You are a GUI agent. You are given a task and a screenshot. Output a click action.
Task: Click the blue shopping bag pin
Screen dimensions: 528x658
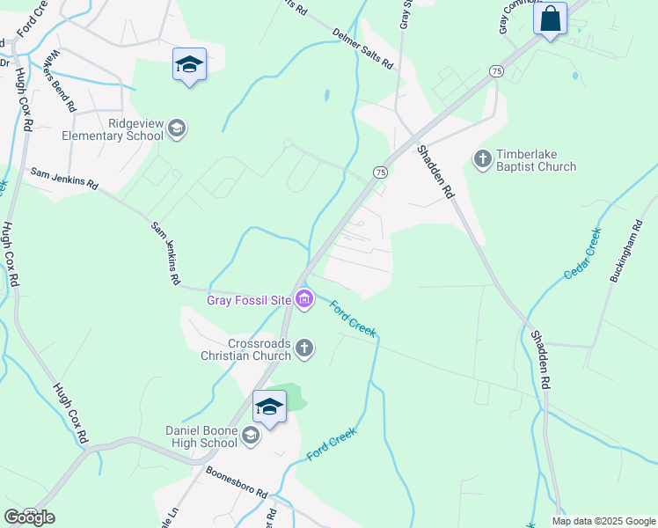tap(551, 18)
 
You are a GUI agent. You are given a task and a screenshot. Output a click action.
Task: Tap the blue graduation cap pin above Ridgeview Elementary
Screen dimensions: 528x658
tap(189, 64)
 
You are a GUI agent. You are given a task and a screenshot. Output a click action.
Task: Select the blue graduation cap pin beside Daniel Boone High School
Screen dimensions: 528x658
tap(269, 407)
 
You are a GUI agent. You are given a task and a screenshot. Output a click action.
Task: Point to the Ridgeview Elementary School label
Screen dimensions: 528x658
tap(113, 130)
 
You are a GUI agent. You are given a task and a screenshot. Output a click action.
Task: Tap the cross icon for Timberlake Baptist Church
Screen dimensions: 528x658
tap(482, 159)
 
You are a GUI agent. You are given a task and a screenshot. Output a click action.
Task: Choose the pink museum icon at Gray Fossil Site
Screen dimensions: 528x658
tap(304, 300)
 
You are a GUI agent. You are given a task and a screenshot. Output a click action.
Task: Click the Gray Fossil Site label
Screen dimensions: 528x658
tap(249, 300)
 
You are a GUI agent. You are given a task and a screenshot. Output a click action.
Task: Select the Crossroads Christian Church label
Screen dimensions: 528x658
tap(246, 349)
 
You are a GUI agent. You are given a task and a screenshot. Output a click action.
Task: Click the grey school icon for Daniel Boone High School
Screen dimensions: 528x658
tap(251, 436)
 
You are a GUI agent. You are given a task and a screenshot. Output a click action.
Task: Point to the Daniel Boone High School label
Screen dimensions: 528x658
tap(201, 436)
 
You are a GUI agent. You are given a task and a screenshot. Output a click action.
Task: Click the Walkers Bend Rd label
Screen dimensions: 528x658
tap(63, 80)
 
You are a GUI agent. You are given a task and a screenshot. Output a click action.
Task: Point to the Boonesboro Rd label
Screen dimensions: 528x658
tap(237, 482)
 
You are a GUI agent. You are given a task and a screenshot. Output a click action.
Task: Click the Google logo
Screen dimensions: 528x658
tap(29, 517)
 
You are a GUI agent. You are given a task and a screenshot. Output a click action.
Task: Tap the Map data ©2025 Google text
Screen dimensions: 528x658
tap(603, 521)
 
